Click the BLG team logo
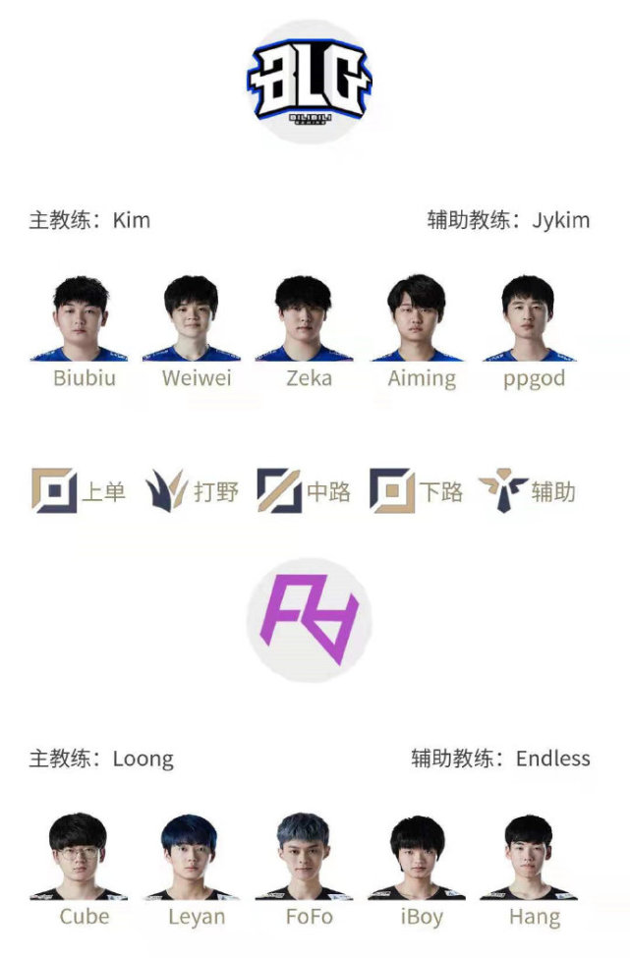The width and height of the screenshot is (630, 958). (310, 82)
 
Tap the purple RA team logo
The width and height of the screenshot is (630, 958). (310, 620)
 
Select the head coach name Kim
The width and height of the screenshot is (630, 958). (132, 220)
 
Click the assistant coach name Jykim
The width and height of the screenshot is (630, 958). (560, 220)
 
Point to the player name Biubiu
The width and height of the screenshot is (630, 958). (85, 377)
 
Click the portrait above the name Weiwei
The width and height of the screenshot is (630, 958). (192, 317)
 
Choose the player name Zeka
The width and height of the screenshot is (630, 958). (310, 377)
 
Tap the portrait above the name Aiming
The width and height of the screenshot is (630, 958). (418, 317)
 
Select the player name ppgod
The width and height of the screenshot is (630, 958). (534, 379)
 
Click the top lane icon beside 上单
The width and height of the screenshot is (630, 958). (54, 490)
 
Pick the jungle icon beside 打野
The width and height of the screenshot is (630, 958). (165, 490)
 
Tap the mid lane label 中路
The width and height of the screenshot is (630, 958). (328, 491)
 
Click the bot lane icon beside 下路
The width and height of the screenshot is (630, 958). (392, 490)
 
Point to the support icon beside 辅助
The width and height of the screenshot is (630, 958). (503, 490)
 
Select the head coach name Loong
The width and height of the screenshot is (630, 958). (143, 760)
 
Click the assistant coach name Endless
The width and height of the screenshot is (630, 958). (553, 759)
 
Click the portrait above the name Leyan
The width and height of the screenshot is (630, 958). (192, 857)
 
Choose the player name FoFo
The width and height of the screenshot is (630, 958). (310, 917)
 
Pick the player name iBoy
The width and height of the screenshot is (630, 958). (422, 917)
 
